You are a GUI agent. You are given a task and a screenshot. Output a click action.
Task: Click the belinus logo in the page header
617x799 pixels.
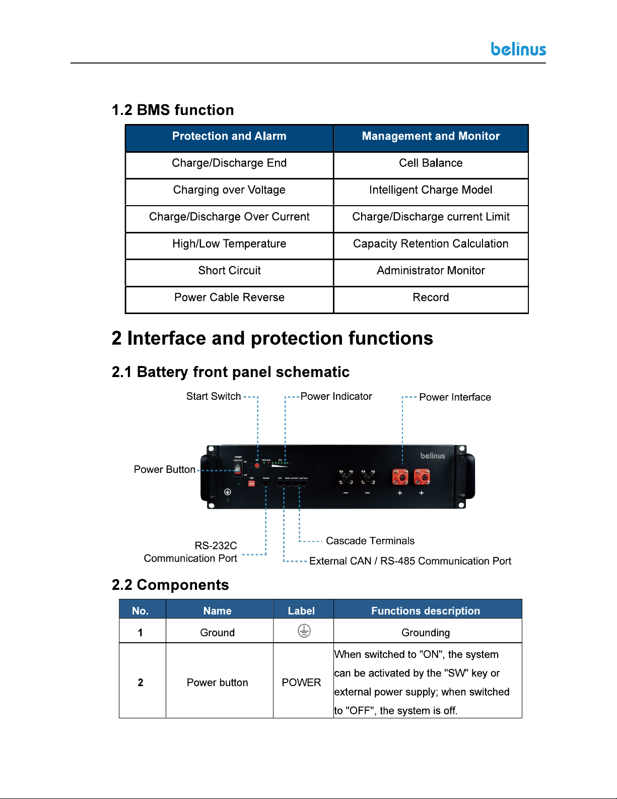(518, 49)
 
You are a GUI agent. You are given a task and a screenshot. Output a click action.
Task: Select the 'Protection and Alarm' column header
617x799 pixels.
(229, 136)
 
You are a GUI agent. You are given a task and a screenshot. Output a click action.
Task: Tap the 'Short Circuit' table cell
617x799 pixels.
(229, 271)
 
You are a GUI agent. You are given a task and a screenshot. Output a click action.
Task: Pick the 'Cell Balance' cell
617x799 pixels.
(431, 163)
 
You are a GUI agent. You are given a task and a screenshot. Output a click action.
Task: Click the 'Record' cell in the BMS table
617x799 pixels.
(431, 297)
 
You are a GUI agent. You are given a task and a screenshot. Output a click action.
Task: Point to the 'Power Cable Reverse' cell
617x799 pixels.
(229, 297)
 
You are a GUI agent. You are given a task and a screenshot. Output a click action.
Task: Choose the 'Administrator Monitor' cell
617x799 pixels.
(431, 271)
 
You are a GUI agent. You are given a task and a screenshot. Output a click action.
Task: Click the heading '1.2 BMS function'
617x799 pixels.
(173, 110)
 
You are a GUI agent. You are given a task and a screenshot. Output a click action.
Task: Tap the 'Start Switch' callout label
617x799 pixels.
(214, 397)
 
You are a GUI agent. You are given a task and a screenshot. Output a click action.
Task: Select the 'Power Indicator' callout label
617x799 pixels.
(336, 397)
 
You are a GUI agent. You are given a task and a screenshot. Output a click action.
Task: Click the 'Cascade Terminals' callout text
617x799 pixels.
(370, 541)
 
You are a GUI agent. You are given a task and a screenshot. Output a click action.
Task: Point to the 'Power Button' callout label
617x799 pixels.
(165, 470)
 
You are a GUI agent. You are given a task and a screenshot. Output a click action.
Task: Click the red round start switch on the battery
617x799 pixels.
(257, 465)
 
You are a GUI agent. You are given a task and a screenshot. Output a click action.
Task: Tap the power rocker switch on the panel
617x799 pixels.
(238, 468)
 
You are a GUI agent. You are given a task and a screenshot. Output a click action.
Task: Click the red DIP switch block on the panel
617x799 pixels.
(251, 483)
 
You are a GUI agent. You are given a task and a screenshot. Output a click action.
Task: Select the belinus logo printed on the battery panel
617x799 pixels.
(433, 456)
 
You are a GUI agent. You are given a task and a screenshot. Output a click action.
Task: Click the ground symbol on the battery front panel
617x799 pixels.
(228, 492)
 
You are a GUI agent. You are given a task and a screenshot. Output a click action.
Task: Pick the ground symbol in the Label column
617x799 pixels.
(304, 631)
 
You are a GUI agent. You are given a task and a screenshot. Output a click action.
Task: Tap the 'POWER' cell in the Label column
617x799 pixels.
(301, 683)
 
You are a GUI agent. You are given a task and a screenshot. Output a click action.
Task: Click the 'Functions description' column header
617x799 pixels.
(426, 611)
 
